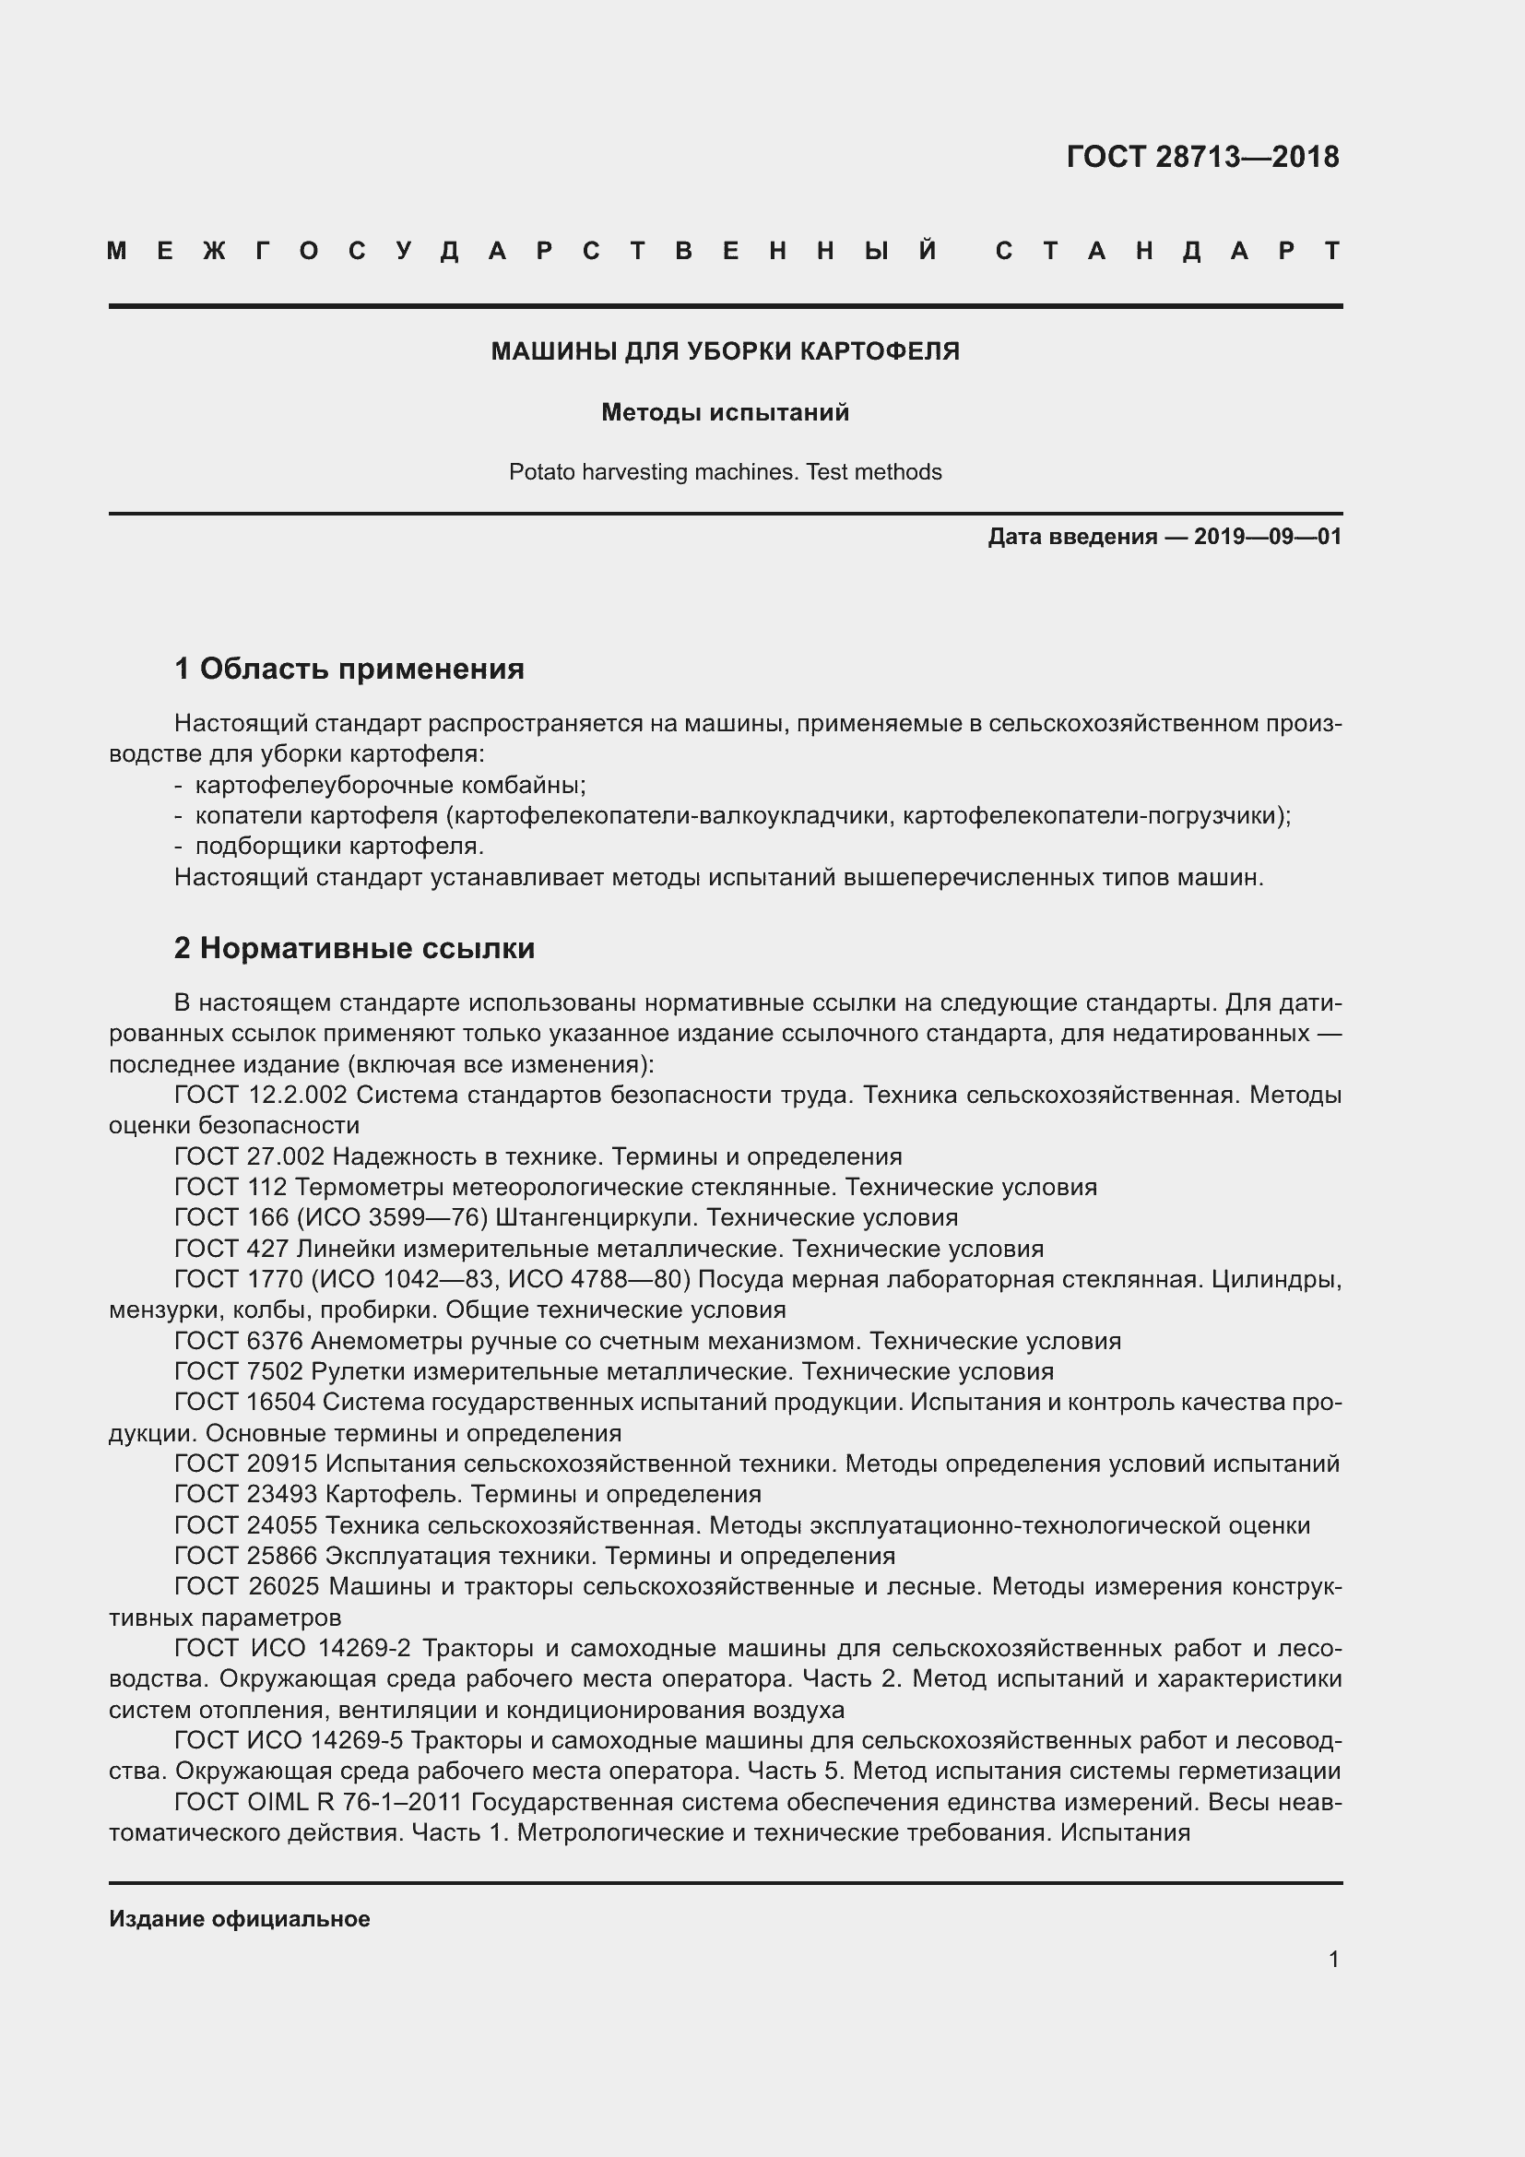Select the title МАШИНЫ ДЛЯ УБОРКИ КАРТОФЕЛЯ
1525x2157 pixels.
point(725,351)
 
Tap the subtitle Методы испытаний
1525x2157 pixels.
point(725,412)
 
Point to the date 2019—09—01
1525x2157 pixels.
point(1268,537)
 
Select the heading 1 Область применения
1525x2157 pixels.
point(349,669)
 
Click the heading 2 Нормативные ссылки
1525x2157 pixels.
point(355,948)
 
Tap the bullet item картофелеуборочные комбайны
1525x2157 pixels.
point(390,785)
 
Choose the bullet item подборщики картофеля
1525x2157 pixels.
point(339,846)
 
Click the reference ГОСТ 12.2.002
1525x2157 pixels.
point(261,1095)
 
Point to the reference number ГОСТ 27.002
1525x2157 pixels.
point(249,1156)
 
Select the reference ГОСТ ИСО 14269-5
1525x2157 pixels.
point(289,1741)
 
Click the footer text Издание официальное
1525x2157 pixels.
point(240,1918)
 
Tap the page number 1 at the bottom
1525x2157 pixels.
point(1333,1959)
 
